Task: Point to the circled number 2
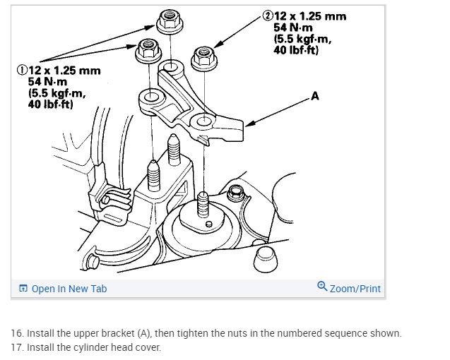click(x=268, y=15)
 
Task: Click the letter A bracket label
click(x=315, y=96)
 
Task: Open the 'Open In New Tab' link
click(x=69, y=289)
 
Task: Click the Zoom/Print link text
click(x=355, y=289)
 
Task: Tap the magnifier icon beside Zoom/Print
click(x=322, y=287)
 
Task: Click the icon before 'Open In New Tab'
click(x=23, y=289)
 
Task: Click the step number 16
click(x=16, y=333)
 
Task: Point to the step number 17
click(x=16, y=347)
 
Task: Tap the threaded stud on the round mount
click(x=203, y=205)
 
